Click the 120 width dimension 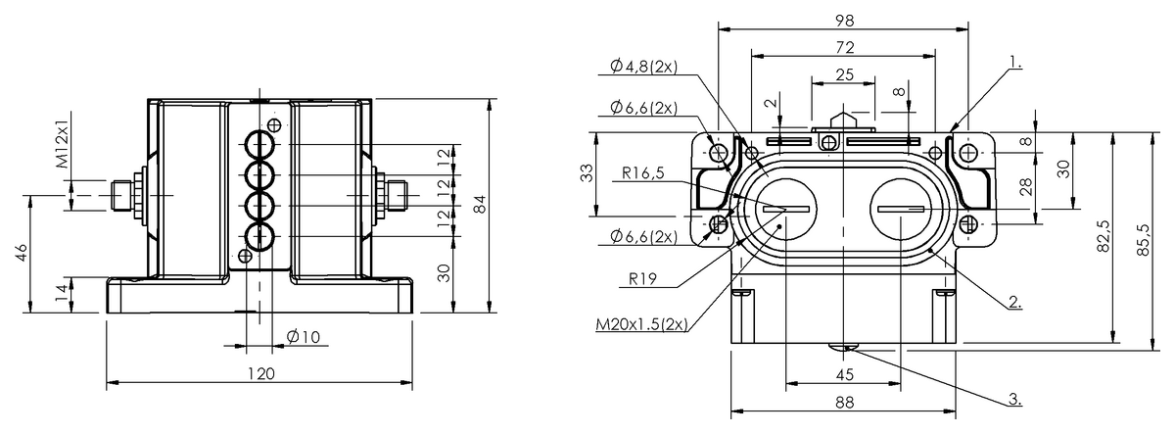click(x=260, y=372)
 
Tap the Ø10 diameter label click(x=304, y=337)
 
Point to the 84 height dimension click(x=479, y=204)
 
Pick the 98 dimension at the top click(x=843, y=21)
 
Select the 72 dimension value click(x=843, y=47)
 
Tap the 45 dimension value click(x=843, y=374)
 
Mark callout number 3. click(x=1014, y=400)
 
